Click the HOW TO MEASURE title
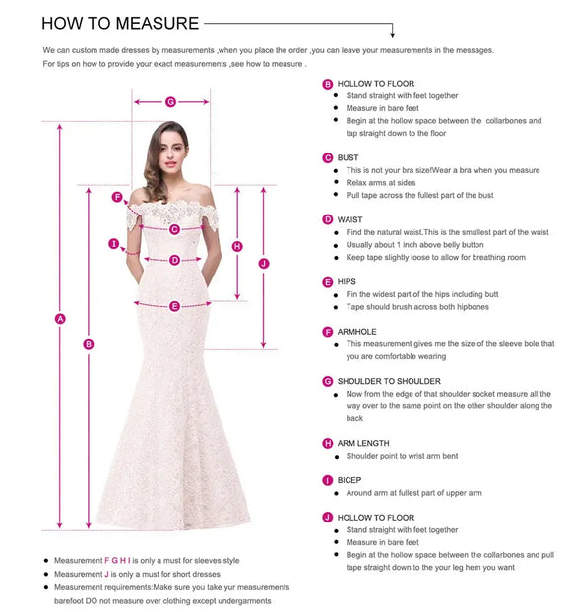120,23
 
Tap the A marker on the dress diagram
60,318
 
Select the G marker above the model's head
170,101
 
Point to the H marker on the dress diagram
237,246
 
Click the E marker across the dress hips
174,306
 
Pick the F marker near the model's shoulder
117,197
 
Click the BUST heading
348,157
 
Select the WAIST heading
349,219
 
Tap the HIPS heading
347,282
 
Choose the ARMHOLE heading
356,333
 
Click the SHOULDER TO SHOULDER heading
389,381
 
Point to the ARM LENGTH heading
363,444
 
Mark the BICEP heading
349,480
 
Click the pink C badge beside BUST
328,157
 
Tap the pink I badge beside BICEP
328,480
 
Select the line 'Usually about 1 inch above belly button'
415,245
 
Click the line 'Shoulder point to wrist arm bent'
402,457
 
